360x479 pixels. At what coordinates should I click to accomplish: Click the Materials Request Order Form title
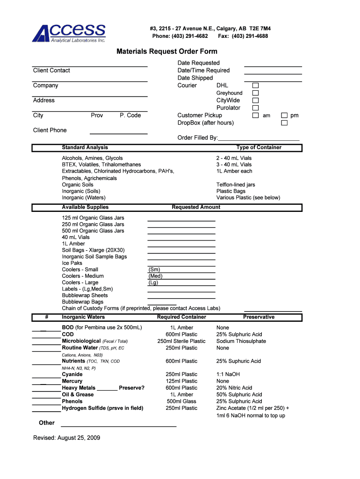tap(166, 51)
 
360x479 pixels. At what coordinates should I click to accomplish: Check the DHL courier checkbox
tap(255, 86)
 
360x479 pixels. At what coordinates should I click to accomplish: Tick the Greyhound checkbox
tap(255, 93)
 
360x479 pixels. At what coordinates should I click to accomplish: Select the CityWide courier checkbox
tap(255, 101)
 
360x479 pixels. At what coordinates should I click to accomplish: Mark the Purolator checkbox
tap(255, 108)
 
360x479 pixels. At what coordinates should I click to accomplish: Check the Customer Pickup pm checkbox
tap(284, 116)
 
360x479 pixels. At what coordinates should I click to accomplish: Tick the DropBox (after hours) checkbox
tap(284, 123)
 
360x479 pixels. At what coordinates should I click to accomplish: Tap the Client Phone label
tap(50, 130)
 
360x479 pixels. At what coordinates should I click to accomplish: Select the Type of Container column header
tap(259, 147)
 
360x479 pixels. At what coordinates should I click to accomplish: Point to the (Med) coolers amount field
tap(181, 276)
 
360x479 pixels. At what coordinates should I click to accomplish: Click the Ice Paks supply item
tap(72, 263)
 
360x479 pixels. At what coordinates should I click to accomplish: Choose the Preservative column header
tap(259, 317)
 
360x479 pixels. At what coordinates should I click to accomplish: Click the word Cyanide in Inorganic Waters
tap(72, 374)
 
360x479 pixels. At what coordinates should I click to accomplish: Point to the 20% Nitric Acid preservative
tap(234, 388)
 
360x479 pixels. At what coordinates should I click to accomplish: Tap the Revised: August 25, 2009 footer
tap(66, 438)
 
